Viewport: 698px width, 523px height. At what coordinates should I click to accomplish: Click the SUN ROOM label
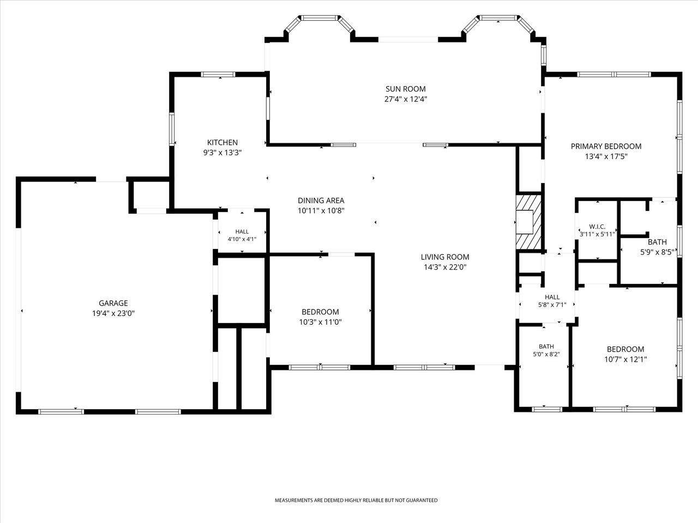406,89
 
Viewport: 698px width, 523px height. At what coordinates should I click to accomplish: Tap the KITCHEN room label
222,142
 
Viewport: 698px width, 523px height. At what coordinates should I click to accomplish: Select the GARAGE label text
113,303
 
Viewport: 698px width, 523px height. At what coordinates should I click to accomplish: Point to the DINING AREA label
321,200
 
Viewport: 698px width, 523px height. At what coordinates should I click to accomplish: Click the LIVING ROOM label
445,257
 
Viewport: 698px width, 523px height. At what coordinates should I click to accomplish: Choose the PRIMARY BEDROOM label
606,147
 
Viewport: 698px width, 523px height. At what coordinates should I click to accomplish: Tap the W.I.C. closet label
597,227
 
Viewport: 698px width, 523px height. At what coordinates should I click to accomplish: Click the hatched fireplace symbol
528,222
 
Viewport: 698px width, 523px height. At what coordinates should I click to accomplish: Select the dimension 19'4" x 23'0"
113,313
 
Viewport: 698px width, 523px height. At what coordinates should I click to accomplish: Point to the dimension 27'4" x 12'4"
406,99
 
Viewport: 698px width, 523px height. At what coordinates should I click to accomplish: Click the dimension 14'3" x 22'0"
445,267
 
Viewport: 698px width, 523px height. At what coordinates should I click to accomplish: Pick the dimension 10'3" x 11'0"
320,322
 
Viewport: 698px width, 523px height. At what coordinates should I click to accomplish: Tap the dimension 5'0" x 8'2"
546,354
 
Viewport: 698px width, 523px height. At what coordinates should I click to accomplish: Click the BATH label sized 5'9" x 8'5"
657,242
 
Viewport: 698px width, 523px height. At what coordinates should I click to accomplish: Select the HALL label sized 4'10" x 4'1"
242,232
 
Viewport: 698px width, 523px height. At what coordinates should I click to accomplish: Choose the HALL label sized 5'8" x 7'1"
552,297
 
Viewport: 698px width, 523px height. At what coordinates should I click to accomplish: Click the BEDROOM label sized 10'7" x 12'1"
625,349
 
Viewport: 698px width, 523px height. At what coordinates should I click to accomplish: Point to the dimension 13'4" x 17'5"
606,156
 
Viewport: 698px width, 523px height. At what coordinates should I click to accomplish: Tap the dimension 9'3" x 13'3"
222,153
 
